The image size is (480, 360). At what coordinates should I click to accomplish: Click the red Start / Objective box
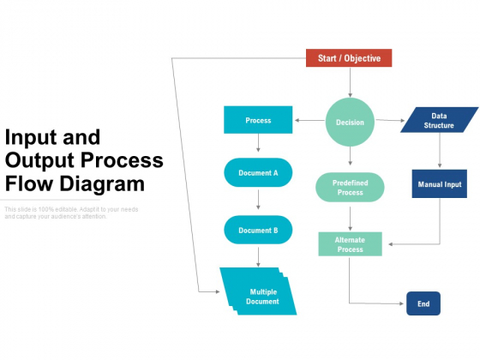349,58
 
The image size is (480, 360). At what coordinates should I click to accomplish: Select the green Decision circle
350,122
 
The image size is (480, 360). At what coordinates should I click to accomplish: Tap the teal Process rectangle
258,120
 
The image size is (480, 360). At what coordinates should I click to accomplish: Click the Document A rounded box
258,172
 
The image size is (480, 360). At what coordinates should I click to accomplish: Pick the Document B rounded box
258,230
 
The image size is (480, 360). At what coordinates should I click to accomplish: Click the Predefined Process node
350,187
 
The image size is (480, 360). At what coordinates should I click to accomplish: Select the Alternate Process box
350,244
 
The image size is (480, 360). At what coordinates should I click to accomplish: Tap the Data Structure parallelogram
439,120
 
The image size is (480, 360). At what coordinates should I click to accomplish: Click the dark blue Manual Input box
439,184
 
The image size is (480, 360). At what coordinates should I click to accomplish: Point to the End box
423,303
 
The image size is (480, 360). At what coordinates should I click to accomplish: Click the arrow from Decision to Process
309,121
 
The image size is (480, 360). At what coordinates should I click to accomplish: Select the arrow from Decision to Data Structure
390,121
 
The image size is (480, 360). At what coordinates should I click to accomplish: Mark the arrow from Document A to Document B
258,201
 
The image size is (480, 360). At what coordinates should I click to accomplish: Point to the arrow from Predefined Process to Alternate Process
350,218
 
